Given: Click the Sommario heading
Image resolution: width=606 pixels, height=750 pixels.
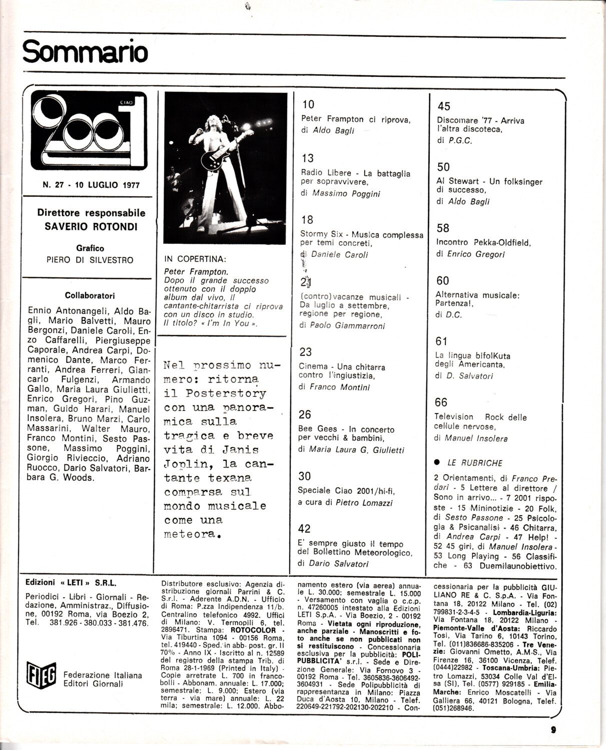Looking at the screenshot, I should point(85,52).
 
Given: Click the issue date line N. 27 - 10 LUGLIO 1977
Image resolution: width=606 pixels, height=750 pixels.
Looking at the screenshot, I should point(91,185).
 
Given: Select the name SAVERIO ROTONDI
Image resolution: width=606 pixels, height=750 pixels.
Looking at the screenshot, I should point(91,226).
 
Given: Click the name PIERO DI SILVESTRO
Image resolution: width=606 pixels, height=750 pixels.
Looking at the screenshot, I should point(90,260).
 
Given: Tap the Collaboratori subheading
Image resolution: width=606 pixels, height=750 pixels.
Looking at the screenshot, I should point(90,295).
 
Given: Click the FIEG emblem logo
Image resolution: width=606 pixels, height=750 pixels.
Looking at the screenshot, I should point(42,675).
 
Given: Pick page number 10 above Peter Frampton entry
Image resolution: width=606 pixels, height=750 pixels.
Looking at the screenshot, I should point(308,104).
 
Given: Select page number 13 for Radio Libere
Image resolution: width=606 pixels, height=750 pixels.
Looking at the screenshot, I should point(308,158).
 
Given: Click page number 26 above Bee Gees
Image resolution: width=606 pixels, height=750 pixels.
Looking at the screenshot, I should point(305,414).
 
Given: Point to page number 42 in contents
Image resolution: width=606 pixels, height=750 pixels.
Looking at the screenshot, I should point(304,529).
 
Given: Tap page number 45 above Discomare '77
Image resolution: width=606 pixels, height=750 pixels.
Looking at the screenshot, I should point(444,106).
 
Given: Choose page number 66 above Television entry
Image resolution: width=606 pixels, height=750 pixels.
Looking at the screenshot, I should point(441,402).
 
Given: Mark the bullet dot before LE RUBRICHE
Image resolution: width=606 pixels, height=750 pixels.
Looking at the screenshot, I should point(437,462).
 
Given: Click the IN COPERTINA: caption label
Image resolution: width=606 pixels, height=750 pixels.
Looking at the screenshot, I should point(195,259).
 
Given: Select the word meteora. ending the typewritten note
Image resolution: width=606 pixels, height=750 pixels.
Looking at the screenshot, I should point(192,534).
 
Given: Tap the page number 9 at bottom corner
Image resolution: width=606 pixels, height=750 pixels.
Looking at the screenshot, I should point(553,729).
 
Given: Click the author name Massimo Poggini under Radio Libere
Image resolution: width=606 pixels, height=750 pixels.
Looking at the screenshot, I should point(346,193).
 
